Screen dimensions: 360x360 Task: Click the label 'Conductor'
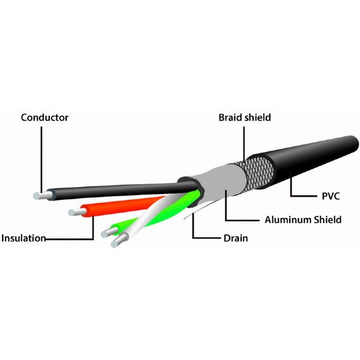pos(44,117)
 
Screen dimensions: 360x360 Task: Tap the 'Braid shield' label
pos(244,118)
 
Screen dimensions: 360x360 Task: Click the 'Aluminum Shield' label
pos(303,220)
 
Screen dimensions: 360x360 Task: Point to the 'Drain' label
pos(236,238)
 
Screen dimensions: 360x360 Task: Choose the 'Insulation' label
pos(23,238)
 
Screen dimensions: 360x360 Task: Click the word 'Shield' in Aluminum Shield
pos(326,220)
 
